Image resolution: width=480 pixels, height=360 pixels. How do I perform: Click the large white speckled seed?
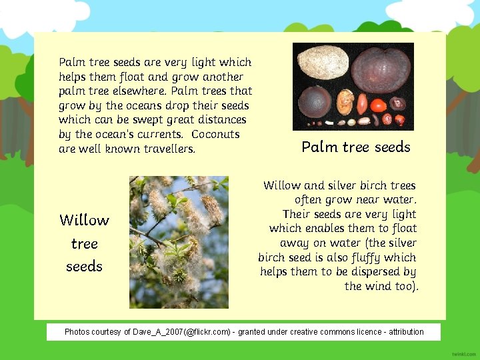[x=321, y=63]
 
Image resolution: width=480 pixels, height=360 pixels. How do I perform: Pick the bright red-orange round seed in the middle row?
[x=378, y=105]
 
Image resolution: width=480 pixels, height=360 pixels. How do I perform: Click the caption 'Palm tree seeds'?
[x=356, y=147]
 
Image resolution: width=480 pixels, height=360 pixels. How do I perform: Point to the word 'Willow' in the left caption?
[x=84, y=220]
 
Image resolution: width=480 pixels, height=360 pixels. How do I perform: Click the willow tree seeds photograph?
[x=179, y=242]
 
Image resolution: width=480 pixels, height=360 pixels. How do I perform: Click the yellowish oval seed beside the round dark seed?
[x=344, y=101]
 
